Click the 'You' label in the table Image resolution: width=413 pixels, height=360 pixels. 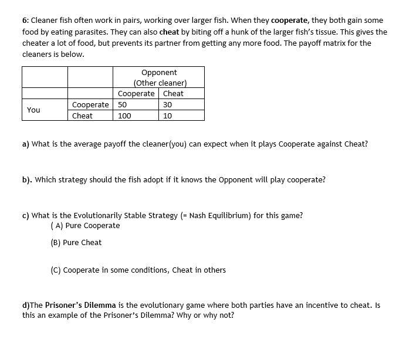pyautogui.click(x=34, y=110)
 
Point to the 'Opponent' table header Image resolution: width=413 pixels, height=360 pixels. pyautogui.click(x=159, y=72)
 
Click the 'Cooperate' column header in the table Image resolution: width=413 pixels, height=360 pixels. pyautogui.click(x=136, y=93)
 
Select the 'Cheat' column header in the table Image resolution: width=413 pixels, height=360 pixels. pyautogui.click(x=173, y=93)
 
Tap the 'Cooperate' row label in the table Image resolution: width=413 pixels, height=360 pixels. pyautogui.click(x=90, y=104)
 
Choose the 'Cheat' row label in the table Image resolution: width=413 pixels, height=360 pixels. pyautogui.click(x=82, y=116)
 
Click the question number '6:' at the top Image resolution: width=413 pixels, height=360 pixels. pyautogui.click(x=25, y=20)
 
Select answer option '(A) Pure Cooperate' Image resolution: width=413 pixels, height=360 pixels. pyautogui.click(x=86, y=226)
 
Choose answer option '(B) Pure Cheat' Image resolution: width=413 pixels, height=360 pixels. pyautogui.click(x=76, y=243)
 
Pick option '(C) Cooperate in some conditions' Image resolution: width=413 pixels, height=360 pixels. pyautogui.click(x=138, y=270)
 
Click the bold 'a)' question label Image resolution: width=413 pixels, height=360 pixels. pyautogui.click(x=26, y=144)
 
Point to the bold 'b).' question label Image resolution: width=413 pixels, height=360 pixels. pyautogui.click(x=27, y=179)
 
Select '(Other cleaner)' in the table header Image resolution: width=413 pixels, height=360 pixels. pyautogui.click(x=160, y=83)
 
